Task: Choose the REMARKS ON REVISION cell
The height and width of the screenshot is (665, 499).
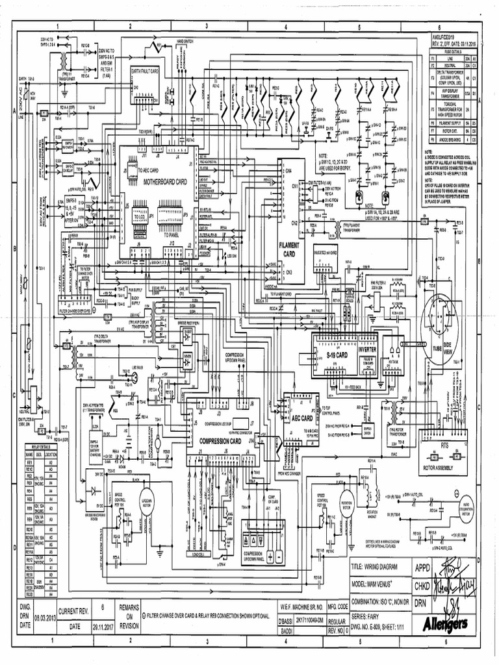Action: tap(131, 615)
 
